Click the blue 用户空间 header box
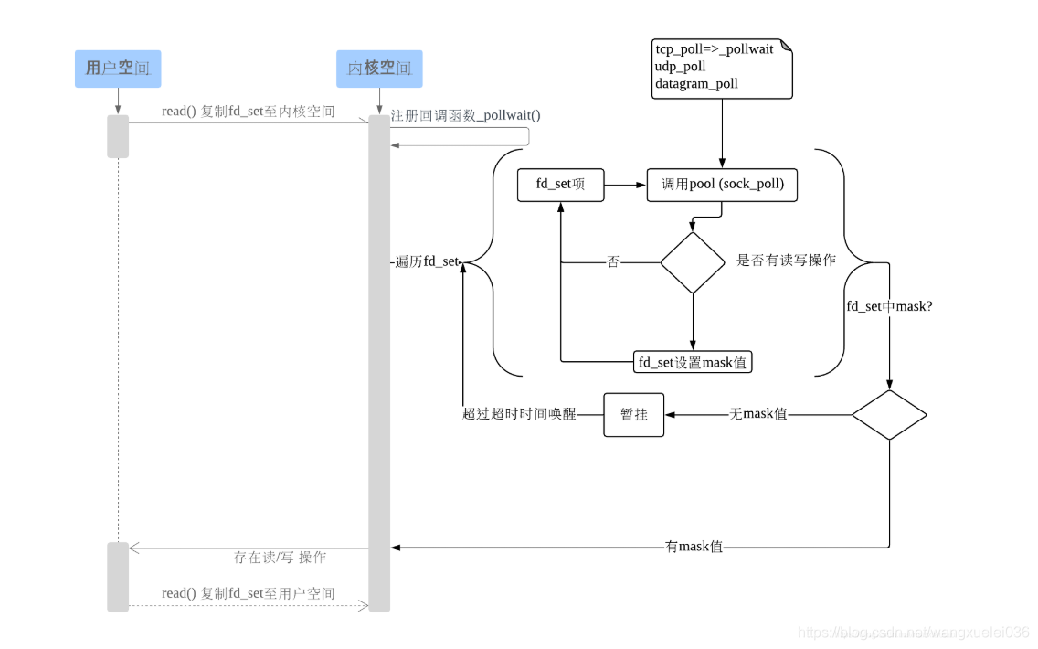[118, 69]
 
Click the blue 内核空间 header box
[379, 69]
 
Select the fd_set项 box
[560, 185]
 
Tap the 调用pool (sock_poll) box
[722, 185]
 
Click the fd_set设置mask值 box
[693, 362]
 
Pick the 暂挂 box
[634, 414]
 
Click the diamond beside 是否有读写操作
[693, 262]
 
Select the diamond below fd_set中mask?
[889, 414]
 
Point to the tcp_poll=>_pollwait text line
[714, 49]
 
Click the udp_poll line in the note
[681, 67]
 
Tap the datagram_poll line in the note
[696, 84]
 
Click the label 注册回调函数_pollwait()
[465, 116]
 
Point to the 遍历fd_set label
[427, 262]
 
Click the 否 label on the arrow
[613, 262]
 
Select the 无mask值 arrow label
[757, 414]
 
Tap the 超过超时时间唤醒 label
[519, 414]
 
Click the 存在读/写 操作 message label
[280, 558]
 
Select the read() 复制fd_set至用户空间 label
[248, 593]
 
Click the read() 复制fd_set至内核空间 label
[248, 112]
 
